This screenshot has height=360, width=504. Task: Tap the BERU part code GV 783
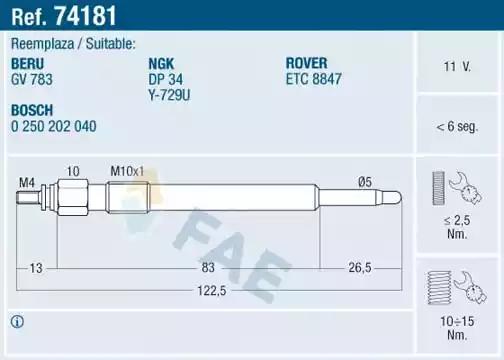coord(32,76)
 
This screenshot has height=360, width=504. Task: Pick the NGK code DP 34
coord(164,76)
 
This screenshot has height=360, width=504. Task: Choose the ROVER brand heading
coord(308,62)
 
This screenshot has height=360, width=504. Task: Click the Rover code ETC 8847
coord(314,76)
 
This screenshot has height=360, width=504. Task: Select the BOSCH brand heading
coord(32,110)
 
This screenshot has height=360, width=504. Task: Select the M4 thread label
coord(26,181)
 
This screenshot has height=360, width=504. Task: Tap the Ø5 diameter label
coord(364,181)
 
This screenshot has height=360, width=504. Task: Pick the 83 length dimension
coord(208,267)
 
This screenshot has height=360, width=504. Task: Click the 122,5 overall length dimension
coord(208,291)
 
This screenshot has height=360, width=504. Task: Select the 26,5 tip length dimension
coord(360,267)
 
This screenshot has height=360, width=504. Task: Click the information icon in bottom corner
coord(16,321)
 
